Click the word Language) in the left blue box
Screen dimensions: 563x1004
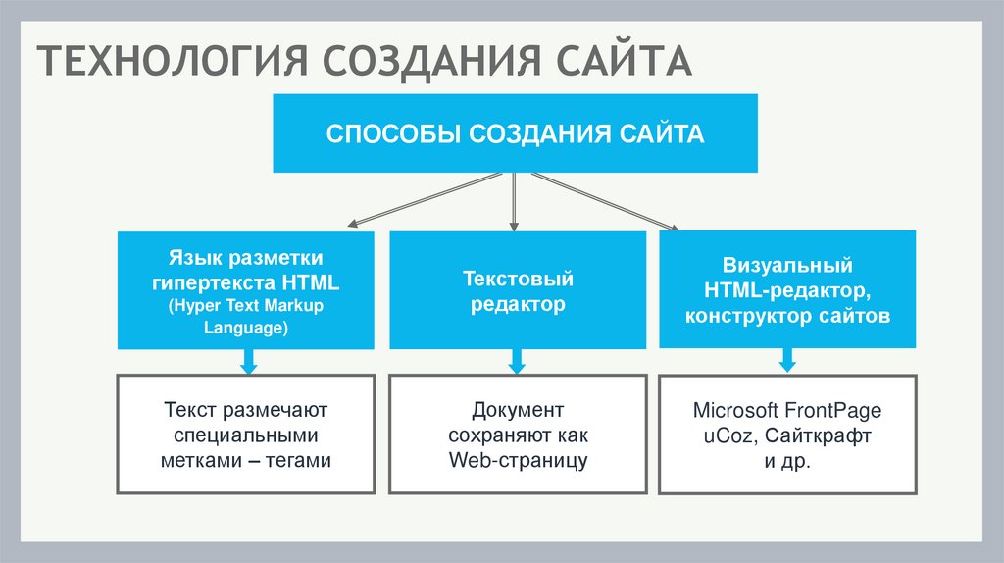pyautogui.click(x=245, y=329)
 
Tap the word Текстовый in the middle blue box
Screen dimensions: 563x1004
pyautogui.click(x=518, y=280)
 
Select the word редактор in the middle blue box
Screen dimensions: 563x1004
pyautogui.click(x=518, y=305)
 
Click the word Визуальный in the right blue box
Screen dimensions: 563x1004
pyautogui.click(x=787, y=266)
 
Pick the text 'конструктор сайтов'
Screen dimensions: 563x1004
pyautogui.click(x=787, y=317)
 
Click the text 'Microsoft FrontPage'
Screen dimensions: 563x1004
pyautogui.click(x=786, y=409)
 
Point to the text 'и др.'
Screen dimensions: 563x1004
pyautogui.click(x=786, y=461)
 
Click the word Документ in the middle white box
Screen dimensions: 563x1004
pyautogui.click(x=518, y=409)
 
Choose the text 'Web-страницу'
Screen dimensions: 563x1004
pyautogui.click(x=518, y=460)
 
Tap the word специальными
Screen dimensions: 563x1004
pyautogui.click(x=245, y=435)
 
